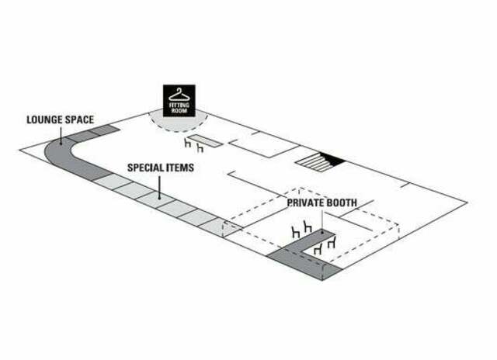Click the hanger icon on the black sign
(179, 95)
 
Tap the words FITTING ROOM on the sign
(179, 108)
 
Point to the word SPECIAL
(145, 168)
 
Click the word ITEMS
(179, 168)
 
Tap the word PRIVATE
(302, 202)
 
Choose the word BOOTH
(339, 202)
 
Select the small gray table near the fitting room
(205, 141)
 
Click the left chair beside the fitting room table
(188, 143)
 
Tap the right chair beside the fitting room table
(200, 148)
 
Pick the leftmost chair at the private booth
(295, 232)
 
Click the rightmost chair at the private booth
(332, 242)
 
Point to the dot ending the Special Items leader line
(159, 198)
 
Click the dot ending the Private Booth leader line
(322, 233)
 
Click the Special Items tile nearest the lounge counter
(112, 182)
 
